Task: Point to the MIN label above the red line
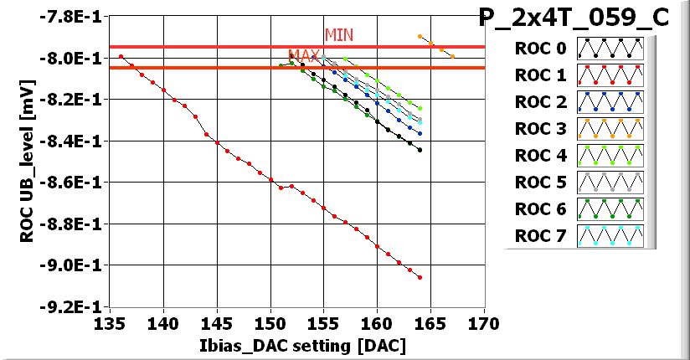pyautogui.click(x=339, y=34)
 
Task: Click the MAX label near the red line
pyautogui.click(x=304, y=56)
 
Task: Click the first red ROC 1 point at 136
pyautogui.click(x=121, y=56)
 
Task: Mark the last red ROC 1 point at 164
pyautogui.click(x=420, y=277)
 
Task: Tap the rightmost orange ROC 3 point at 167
pyautogui.click(x=452, y=56)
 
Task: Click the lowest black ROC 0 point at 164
pyautogui.click(x=420, y=150)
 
